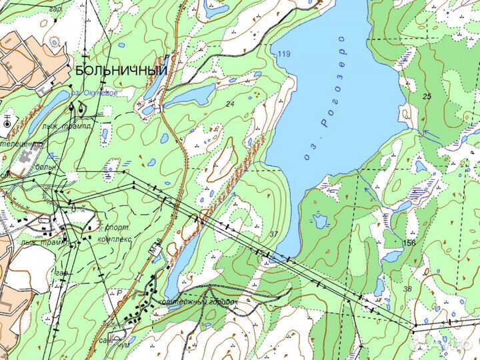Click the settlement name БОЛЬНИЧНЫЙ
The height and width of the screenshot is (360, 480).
[x=120, y=70]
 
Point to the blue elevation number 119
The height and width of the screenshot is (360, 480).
[x=285, y=54]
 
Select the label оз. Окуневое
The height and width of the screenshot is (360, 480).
[x=95, y=93]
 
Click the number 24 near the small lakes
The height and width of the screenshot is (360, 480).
[x=230, y=104]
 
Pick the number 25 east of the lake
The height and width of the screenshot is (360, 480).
[x=428, y=97]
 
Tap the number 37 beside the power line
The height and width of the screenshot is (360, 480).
[x=273, y=234]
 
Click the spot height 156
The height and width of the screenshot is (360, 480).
[x=409, y=243]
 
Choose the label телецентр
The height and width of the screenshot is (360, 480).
[x=21, y=143]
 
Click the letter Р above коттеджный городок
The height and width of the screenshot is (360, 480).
[x=119, y=292]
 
